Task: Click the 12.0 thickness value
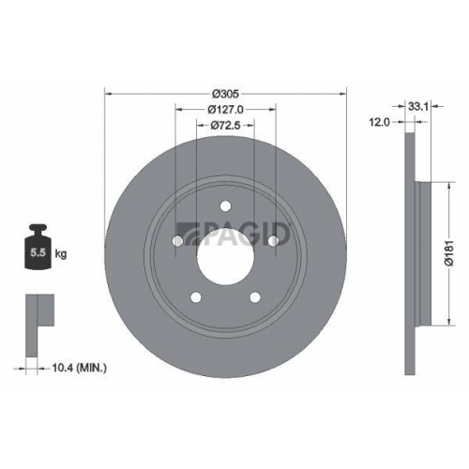click(379, 122)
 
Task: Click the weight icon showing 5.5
click(38, 249)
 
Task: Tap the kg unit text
click(60, 254)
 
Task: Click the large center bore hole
click(225, 253)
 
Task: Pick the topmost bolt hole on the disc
click(225, 208)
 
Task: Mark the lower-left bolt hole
click(196, 298)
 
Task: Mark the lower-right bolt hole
click(254, 298)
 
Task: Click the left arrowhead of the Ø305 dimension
click(107, 94)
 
